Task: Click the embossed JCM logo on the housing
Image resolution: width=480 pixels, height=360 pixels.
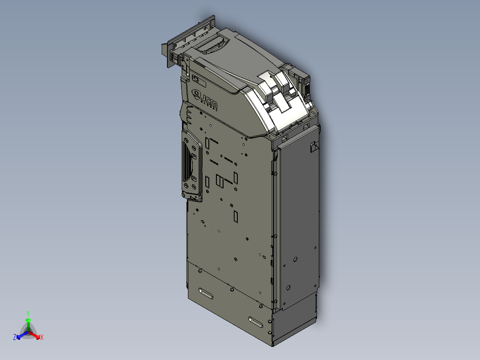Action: [204, 98]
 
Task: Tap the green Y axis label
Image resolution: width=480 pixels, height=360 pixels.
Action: [28, 313]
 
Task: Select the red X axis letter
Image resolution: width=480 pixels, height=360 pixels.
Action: [42, 338]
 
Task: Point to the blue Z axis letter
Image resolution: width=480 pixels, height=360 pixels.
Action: [14, 338]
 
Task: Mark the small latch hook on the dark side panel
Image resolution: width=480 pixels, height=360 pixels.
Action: [314, 146]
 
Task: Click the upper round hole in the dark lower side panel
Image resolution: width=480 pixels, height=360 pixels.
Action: [294, 258]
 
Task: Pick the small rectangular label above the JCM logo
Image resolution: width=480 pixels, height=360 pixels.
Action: [197, 80]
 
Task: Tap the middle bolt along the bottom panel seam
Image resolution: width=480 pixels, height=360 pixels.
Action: [232, 289]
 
